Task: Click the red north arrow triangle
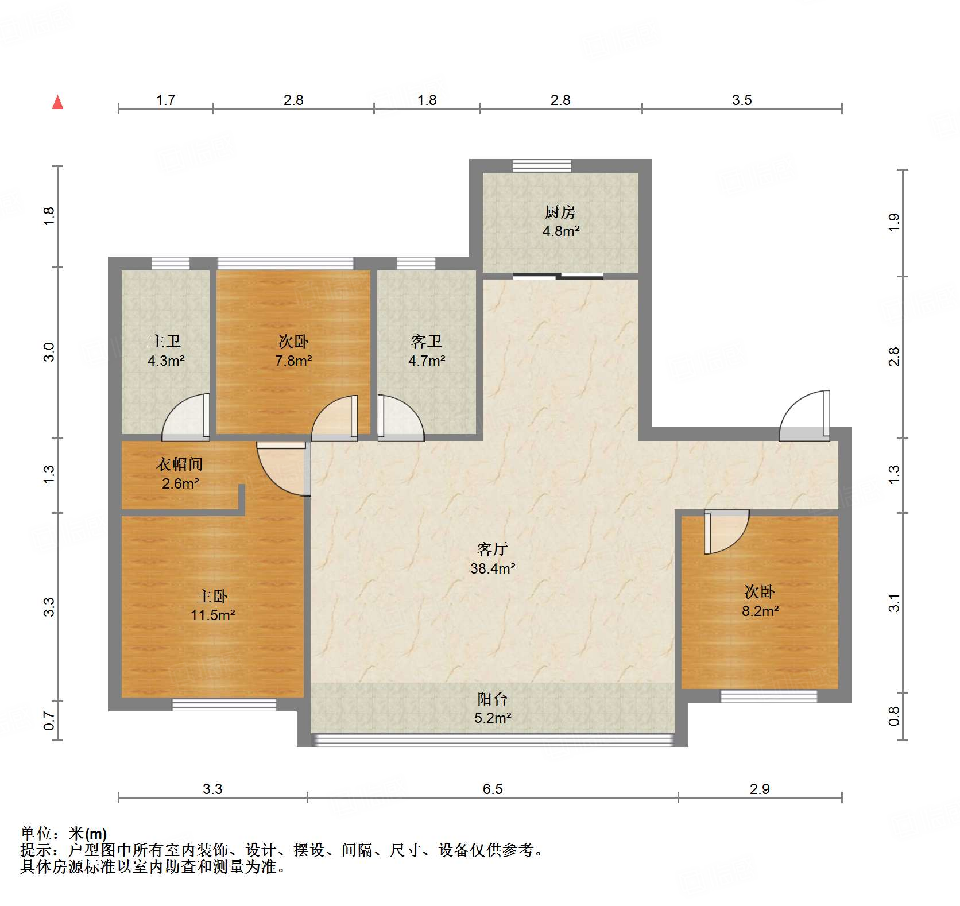[57, 102]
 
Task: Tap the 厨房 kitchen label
[560, 212]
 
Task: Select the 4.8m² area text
[561, 231]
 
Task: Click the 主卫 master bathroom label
[165, 342]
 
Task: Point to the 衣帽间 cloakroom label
[180, 464]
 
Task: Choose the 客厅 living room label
[493, 549]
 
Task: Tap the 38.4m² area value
[493, 568]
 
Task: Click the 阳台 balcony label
[493, 699]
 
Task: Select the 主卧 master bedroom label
[212, 596]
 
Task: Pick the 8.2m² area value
[760, 611]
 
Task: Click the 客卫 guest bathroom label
[427, 342]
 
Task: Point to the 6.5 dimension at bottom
[493, 789]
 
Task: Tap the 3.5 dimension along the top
[742, 100]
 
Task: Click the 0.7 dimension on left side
[49, 721]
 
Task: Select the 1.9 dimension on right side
[894, 222]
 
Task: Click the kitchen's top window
[542, 165]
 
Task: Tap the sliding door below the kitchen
[558, 276]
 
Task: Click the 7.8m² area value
[293, 361]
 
